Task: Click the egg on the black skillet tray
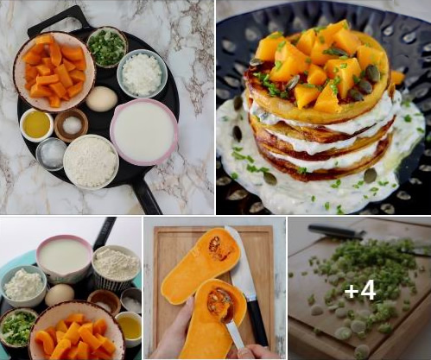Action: click(102, 98)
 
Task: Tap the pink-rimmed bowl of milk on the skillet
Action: click(144, 131)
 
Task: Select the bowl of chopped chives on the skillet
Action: click(107, 47)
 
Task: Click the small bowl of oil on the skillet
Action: click(37, 125)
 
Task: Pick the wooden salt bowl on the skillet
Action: click(72, 125)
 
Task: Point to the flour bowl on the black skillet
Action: click(91, 161)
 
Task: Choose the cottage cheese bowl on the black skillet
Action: click(143, 73)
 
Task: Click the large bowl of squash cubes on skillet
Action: click(54, 72)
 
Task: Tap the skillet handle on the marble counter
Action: click(147, 198)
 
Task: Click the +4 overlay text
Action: click(360, 291)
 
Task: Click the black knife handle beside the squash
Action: click(257, 321)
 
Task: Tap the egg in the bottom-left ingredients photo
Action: click(60, 295)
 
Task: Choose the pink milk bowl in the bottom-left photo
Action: click(65, 258)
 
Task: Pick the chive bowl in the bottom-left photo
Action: click(18, 326)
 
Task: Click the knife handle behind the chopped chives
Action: click(337, 231)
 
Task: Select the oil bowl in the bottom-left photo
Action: click(129, 328)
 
